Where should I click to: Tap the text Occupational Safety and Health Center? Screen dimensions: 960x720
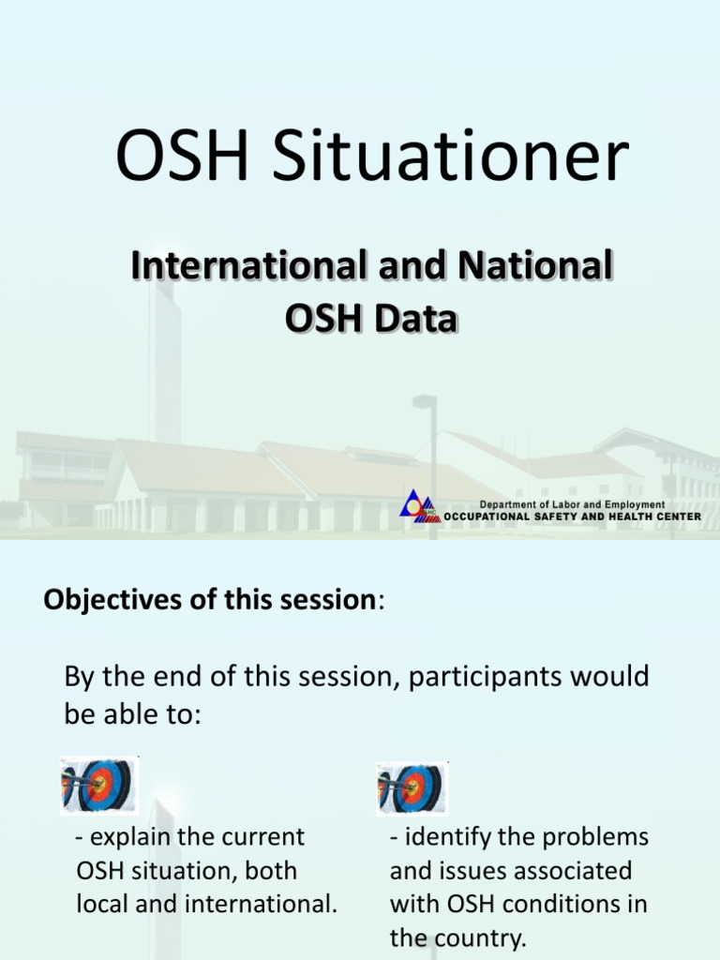click(x=572, y=517)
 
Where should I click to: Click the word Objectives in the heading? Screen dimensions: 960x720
click(x=102, y=601)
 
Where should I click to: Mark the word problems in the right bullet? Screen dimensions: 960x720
click(x=599, y=836)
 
